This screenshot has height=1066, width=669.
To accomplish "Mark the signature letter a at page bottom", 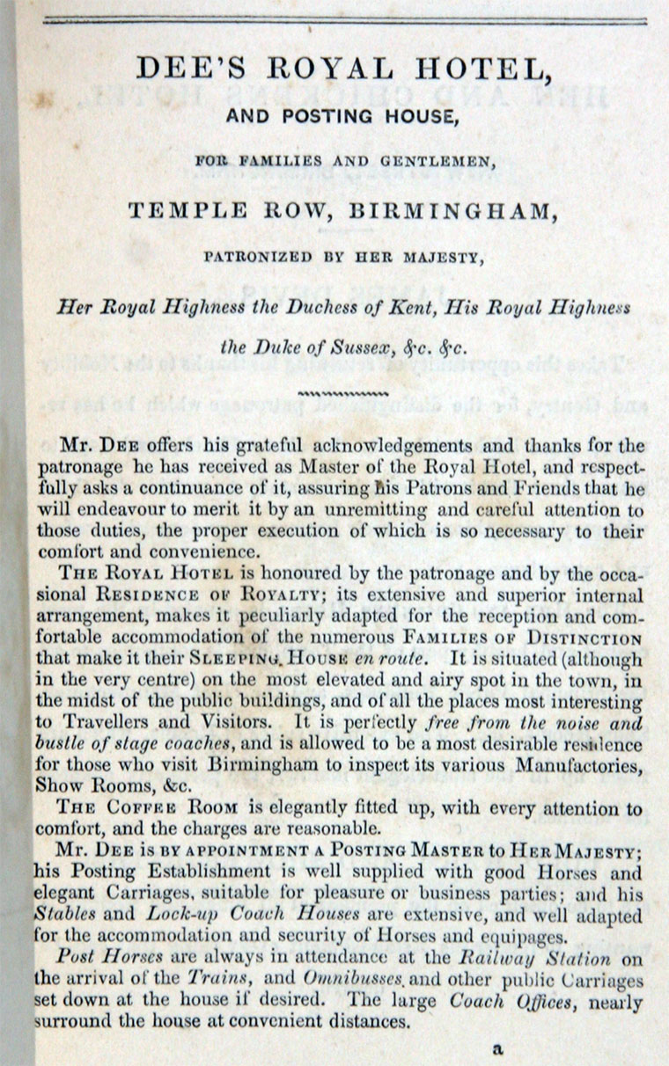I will click(x=497, y=1048).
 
